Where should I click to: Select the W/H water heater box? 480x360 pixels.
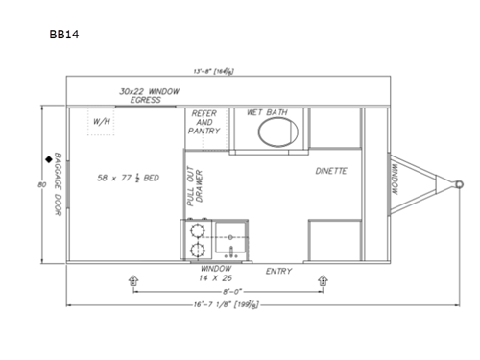101,122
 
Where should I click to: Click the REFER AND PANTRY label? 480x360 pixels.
204,122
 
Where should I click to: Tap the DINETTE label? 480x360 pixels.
330,172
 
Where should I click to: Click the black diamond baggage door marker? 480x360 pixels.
46,158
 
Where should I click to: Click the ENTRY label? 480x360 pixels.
278,272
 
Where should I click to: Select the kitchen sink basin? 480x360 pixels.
232,236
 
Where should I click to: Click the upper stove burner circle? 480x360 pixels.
197,230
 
